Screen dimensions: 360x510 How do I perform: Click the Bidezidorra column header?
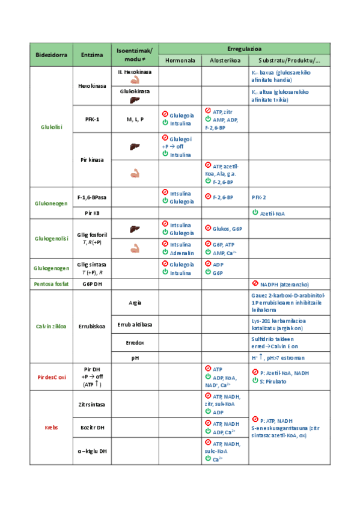[50, 54]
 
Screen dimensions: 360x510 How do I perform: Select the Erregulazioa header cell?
[244, 48]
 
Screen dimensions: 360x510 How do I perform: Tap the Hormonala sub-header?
[179, 61]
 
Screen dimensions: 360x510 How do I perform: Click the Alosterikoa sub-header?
[225, 61]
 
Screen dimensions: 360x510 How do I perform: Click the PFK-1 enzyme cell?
[92, 119]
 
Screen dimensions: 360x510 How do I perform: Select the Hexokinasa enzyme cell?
[92, 86]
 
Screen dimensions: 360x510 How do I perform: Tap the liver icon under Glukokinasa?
[135, 100]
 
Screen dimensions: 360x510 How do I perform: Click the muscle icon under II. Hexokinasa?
[135, 79]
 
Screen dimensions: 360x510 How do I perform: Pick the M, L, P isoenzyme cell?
[135, 119]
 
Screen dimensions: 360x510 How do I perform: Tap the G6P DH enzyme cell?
[92, 283]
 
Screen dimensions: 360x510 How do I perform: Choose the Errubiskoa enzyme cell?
[92, 327]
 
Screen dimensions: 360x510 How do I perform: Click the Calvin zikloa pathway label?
[50, 327]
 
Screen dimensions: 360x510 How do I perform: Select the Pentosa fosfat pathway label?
[50, 283]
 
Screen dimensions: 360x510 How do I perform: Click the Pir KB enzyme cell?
[92, 213]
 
